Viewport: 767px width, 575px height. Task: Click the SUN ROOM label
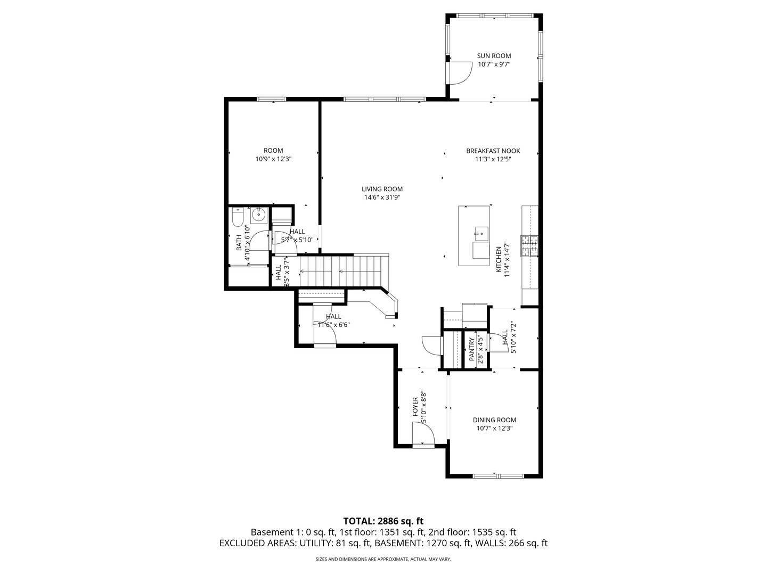[x=494, y=55]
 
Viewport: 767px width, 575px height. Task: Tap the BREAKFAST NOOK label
[x=493, y=151]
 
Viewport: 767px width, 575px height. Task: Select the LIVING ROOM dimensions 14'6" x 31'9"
[x=382, y=198]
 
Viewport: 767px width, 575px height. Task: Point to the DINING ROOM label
[x=494, y=420]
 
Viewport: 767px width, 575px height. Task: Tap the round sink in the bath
[x=259, y=215]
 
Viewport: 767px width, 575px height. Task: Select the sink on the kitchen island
[x=481, y=232]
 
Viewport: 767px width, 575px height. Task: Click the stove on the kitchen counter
[x=529, y=246]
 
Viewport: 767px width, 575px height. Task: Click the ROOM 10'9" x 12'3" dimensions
[x=273, y=159]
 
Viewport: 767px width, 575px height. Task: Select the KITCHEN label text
[x=499, y=259]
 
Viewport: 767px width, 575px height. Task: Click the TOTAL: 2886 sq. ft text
[x=383, y=521]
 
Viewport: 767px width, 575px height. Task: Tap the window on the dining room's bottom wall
[x=494, y=475]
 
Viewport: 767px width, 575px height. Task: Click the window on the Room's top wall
[x=272, y=99]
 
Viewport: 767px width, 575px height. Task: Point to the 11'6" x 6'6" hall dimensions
[x=333, y=325]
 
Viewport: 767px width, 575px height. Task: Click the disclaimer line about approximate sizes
[x=383, y=560]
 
